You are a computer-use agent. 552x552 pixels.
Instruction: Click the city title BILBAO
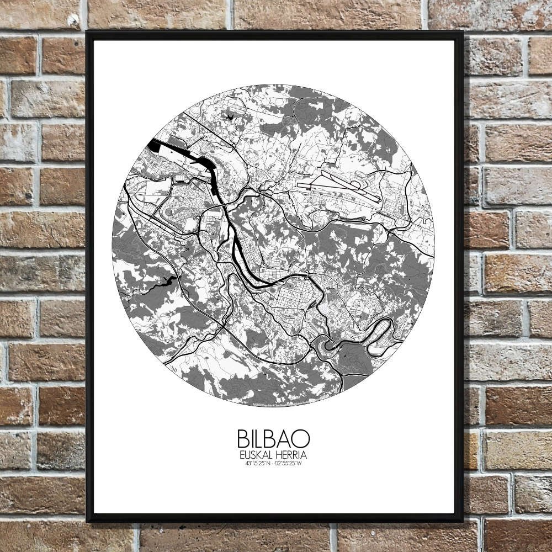(273, 439)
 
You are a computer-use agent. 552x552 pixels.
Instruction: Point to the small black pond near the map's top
(229, 115)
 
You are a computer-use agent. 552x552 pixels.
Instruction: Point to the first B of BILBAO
(243, 439)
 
